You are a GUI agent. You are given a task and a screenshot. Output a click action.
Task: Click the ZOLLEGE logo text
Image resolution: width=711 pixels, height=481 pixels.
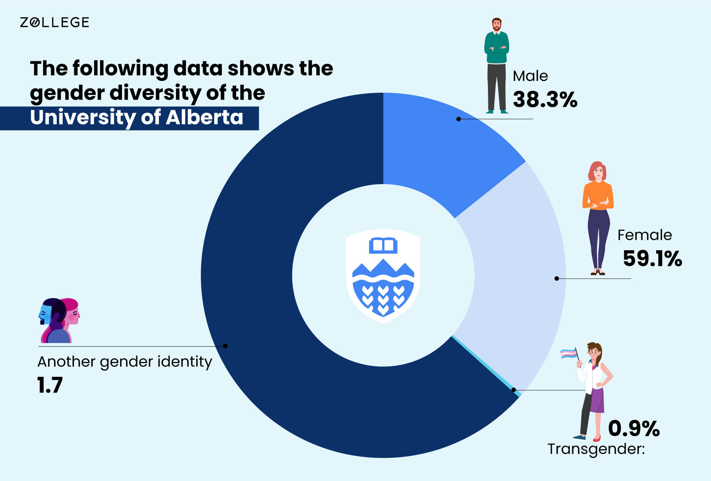point(54,22)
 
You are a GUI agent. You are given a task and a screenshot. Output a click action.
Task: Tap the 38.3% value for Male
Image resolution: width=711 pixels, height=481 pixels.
point(545,99)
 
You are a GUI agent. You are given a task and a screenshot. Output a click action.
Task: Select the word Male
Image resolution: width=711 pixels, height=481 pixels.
point(530,76)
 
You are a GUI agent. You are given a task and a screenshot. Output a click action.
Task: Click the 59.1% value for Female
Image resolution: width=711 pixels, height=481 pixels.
point(652,258)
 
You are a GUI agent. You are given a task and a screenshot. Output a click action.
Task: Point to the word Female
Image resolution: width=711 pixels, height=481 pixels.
point(645,235)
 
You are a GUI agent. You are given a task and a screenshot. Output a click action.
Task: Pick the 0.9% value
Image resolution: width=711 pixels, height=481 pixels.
point(634,428)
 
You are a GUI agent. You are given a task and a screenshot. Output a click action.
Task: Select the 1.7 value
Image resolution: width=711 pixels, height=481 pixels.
point(50,385)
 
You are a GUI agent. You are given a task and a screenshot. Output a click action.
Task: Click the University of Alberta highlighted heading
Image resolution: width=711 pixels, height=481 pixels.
point(137,117)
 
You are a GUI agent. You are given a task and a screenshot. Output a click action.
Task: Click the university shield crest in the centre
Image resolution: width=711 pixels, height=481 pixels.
point(383,276)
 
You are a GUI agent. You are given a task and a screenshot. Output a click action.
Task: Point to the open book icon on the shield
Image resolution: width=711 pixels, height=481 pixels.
point(383,245)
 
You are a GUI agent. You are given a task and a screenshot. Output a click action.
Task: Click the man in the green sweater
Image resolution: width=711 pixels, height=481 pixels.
point(497,65)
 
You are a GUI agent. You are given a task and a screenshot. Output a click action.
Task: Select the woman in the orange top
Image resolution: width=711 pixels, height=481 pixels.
point(598,218)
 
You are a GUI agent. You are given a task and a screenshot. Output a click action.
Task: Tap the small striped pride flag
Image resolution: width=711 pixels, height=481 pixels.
point(569,353)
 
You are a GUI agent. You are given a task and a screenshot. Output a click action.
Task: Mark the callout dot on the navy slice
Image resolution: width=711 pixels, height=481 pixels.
point(225,346)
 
